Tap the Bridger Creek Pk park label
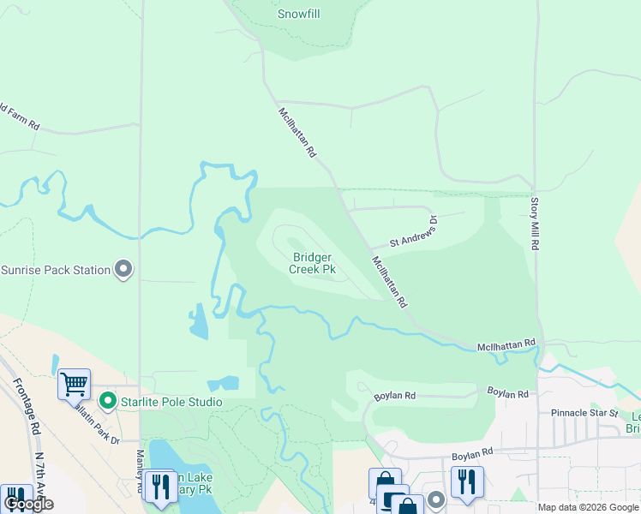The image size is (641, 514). click(x=313, y=263)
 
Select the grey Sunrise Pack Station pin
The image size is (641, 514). click(x=124, y=270)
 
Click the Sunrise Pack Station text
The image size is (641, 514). click(x=56, y=270)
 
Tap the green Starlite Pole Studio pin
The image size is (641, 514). click(x=107, y=401)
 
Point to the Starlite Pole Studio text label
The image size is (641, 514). click(x=171, y=402)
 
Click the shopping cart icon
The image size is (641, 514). click(x=75, y=385)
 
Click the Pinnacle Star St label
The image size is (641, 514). click(x=584, y=413)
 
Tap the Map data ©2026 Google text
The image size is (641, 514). click(x=588, y=507)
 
